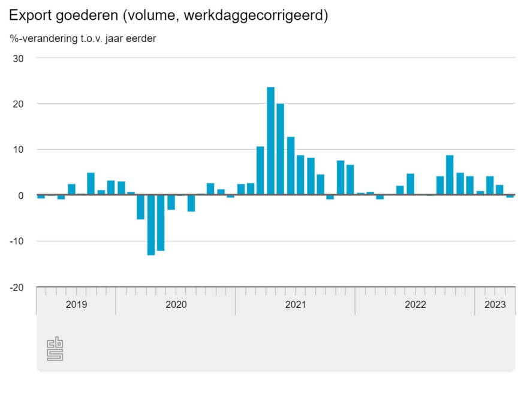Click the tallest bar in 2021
[270, 141]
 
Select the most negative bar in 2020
[151, 225]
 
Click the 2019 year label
[76, 304]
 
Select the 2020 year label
[176, 304]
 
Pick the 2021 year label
[296, 304]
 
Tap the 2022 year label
[415, 304]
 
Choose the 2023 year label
[495, 304]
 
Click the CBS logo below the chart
[55, 349]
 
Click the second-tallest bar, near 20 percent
[281, 149]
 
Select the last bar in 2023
[510, 196]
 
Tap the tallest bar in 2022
[450, 175]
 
